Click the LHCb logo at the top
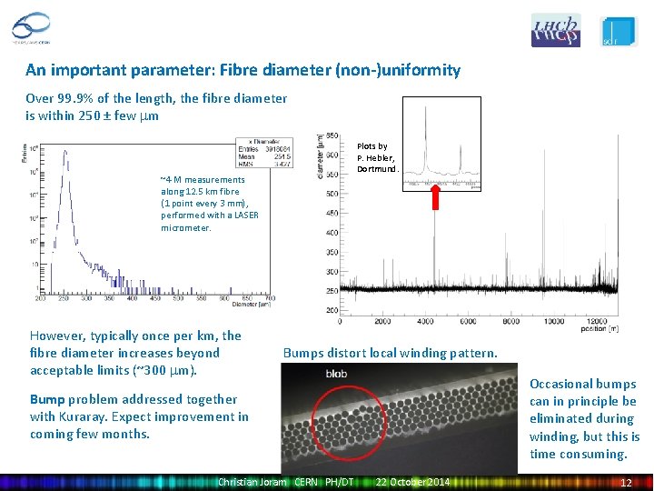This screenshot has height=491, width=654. [555, 30]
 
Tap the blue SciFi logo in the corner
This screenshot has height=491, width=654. [619, 31]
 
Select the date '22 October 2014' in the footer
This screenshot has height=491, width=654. [412, 481]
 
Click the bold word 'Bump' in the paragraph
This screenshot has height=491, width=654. [47, 399]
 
